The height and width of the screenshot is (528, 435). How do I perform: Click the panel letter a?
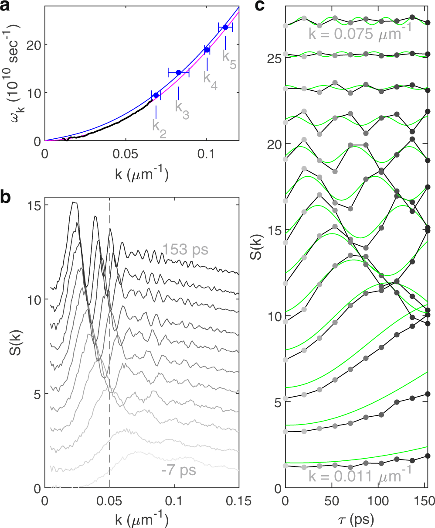pos(6,6)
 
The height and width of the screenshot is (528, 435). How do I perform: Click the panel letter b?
pos(6,197)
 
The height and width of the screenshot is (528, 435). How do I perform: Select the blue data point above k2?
pos(156,95)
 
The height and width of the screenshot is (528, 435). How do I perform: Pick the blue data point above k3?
pos(178,72)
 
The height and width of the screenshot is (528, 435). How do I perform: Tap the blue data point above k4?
pos(207,50)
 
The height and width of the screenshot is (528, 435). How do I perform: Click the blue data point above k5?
pos(225,27)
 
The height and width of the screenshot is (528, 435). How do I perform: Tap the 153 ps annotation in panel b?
pos(185,250)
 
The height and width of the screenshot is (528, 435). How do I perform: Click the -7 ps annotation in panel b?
pos(179,471)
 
